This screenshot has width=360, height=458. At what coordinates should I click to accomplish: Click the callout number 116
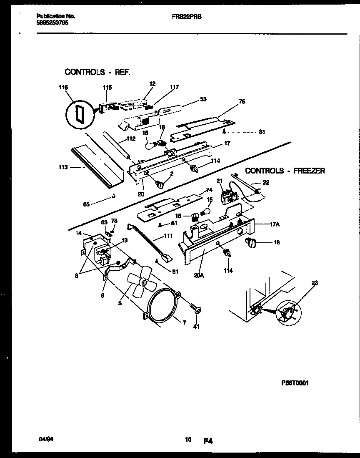tap(63, 88)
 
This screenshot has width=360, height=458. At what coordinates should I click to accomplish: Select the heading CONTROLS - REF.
tap(97, 72)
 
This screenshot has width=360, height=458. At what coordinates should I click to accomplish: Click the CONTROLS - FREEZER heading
tap(285, 171)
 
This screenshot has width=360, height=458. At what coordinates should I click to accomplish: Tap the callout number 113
tap(63, 169)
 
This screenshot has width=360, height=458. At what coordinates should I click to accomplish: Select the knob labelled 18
tap(253, 242)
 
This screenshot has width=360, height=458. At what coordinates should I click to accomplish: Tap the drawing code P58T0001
tap(294, 383)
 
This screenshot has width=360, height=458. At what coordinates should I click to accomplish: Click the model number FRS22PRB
tap(187, 16)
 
